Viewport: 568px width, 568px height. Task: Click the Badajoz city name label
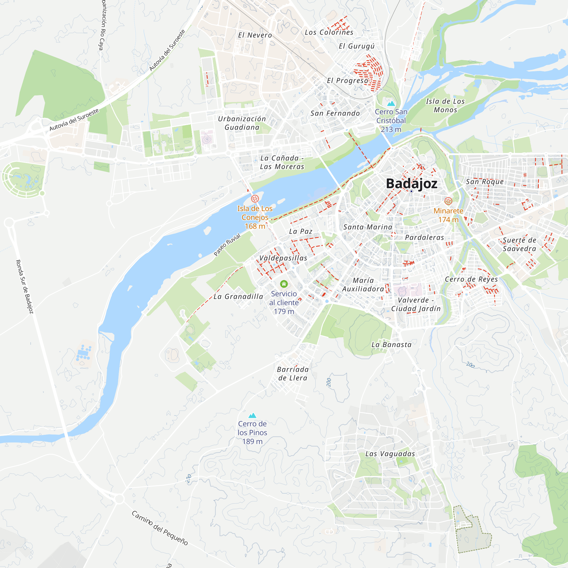(412, 183)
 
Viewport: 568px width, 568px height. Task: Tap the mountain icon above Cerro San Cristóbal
(391, 103)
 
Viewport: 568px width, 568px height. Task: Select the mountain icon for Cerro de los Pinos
(252, 415)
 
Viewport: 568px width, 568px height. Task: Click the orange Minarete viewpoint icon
(448, 201)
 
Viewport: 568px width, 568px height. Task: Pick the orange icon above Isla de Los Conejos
(255, 199)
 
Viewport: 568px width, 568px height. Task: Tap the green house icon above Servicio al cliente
(284, 284)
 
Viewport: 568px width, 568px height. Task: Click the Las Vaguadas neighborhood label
(390, 454)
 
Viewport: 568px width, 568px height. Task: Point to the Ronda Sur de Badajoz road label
(24, 287)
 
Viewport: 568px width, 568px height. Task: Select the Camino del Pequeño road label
(160, 528)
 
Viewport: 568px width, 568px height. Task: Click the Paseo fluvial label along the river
(227, 245)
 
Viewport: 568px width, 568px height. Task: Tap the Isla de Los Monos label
(445, 106)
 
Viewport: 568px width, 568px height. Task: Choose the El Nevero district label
(255, 35)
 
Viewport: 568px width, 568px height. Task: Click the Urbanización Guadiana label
(242, 123)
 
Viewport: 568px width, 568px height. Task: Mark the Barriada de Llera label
(293, 374)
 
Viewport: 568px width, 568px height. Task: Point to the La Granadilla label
(238, 297)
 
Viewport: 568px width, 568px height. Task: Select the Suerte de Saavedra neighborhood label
(519, 244)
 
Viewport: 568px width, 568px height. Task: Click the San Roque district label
(485, 182)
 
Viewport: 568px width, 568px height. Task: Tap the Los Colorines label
(329, 32)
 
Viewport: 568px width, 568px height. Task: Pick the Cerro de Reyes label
(471, 279)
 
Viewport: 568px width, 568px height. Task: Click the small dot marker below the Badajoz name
(411, 191)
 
